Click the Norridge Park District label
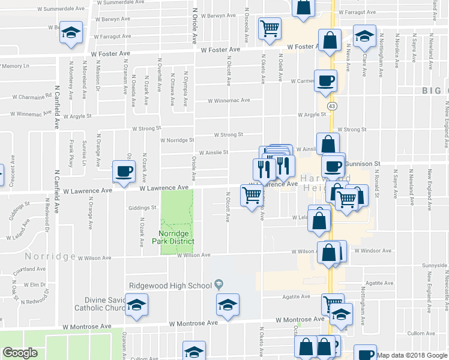pyautogui.click(x=176, y=237)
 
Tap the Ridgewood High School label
pyautogui.click(x=170, y=285)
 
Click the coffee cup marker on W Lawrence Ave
pyautogui.click(x=124, y=172)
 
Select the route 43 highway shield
pyautogui.click(x=332, y=106)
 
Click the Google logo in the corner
pyautogui.click(x=20, y=353)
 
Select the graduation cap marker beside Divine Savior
pyautogui.click(x=137, y=307)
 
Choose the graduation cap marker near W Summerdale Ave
pyautogui.click(x=72, y=34)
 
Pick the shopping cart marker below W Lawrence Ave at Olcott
pyautogui.click(x=252, y=195)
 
